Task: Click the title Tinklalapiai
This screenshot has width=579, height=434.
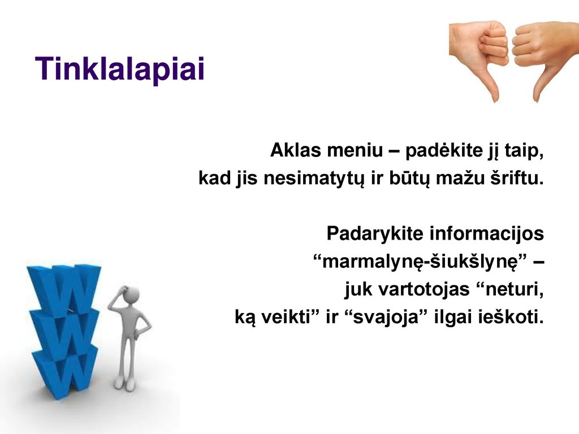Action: [x=120, y=69]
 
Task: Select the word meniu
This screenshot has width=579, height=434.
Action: [x=355, y=150]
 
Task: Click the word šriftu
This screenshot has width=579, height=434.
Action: [x=517, y=178]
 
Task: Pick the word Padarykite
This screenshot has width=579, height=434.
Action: [x=375, y=233]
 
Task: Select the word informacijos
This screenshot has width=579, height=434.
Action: [x=487, y=234]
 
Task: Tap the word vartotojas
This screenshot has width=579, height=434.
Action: [x=424, y=289]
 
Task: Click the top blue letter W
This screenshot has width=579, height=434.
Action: [x=65, y=290]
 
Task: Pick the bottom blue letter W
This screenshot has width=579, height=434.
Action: [x=65, y=373]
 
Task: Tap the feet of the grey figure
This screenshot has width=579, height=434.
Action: [x=125, y=384]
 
